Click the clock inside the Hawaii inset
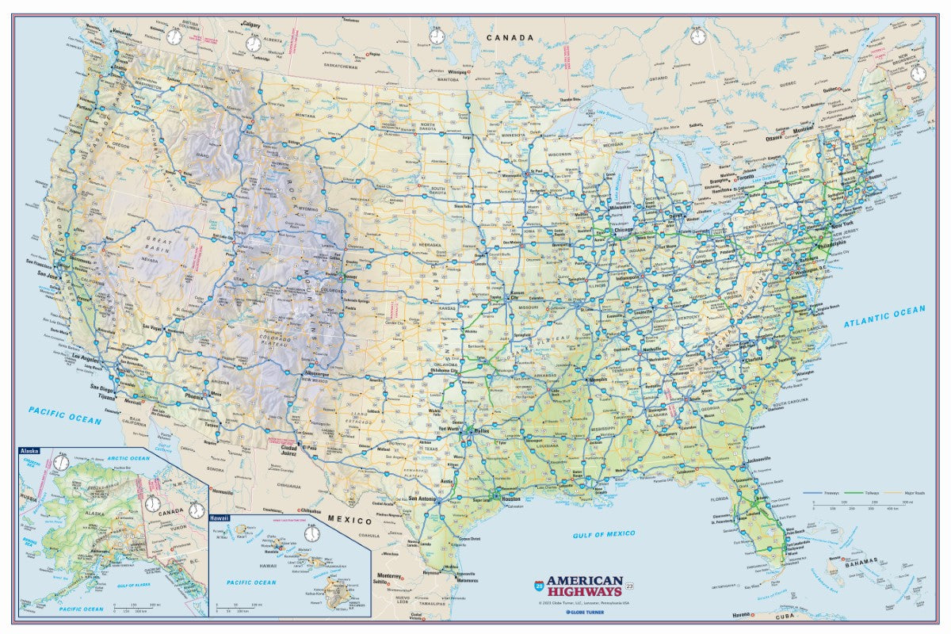(x=312, y=533)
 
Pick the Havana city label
(x=741, y=615)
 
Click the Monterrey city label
(x=389, y=575)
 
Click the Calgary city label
(x=252, y=25)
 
